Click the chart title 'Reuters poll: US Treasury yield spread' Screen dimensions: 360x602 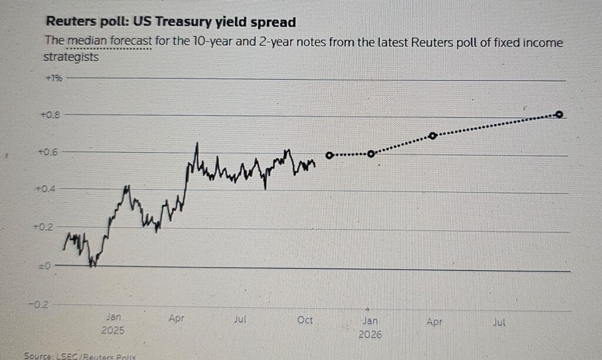(x=170, y=22)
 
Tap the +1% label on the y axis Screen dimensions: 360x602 (x=53, y=78)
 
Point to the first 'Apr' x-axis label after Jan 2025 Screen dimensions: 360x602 (x=176, y=318)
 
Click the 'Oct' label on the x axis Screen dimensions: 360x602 (x=305, y=321)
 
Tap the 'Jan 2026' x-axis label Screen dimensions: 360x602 (x=370, y=327)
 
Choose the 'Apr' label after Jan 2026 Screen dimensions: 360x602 (x=434, y=322)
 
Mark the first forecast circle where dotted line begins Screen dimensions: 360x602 (x=329, y=155)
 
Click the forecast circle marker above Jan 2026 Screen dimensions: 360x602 (x=370, y=154)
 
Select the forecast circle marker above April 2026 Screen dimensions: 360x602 (x=433, y=135)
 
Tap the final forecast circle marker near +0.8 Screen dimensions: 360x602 (x=559, y=114)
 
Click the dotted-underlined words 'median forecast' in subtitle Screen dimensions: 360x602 (x=110, y=42)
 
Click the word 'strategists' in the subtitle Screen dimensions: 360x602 (x=71, y=58)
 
